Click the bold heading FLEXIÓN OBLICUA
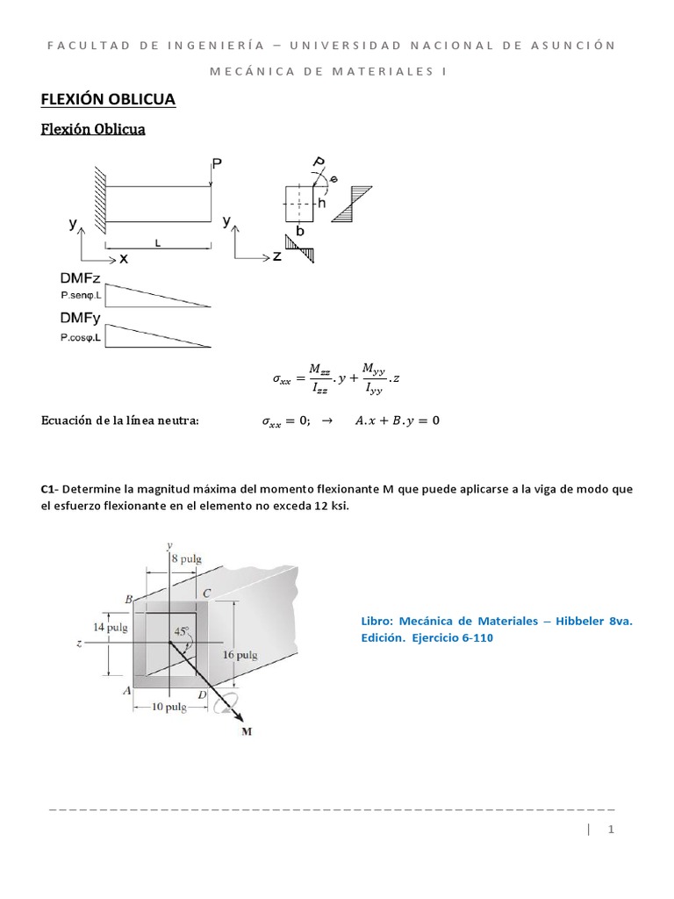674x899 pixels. (x=109, y=100)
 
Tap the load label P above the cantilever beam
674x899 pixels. (x=217, y=163)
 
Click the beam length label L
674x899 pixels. (x=158, y=248)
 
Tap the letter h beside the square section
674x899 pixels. (x=322, y=203)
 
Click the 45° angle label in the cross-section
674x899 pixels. (x=181, y=631)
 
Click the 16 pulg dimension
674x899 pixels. (x=240, y=655)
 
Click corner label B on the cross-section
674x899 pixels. (x=128, y=600)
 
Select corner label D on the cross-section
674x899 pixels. (x=202, y=694)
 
